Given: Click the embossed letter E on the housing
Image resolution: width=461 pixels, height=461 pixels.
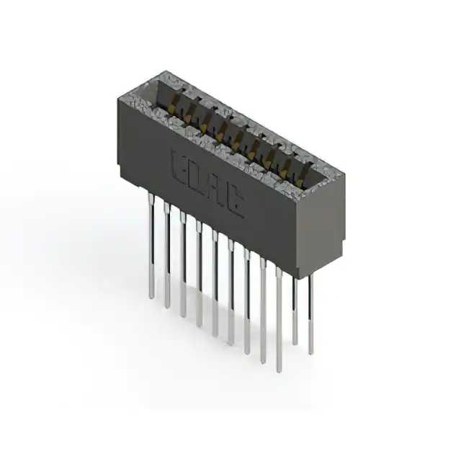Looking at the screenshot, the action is [179, 169].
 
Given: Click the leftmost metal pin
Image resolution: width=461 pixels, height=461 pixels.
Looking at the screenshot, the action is [151, 246].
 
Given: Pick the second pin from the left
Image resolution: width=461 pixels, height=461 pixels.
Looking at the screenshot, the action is [167, 255].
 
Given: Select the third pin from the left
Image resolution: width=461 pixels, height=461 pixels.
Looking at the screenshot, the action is [183, 264].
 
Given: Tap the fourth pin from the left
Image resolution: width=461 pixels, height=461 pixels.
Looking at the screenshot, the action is [199, 274].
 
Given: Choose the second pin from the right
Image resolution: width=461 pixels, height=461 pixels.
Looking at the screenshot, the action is [295, 310].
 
